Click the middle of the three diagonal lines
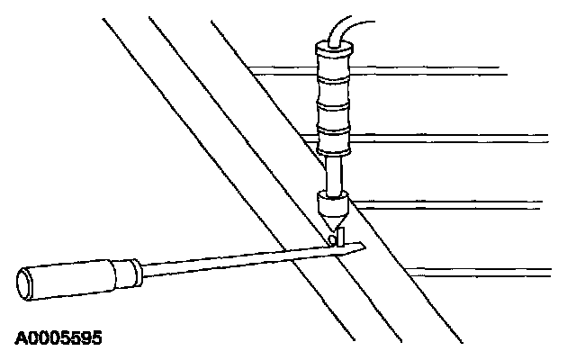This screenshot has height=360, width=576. (x=252, y=144)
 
